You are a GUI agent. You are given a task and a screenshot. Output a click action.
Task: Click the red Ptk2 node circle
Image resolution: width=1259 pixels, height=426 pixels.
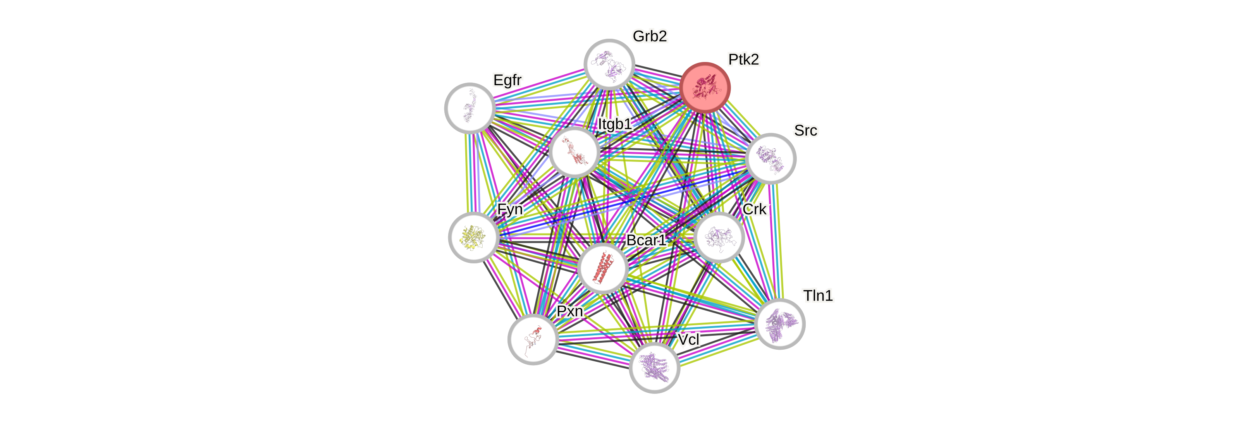coord(705,88)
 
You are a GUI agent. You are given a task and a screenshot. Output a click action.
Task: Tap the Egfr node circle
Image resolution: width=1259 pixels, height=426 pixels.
coord(470,108)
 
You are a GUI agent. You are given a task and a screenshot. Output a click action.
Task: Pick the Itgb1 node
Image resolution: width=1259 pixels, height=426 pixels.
coord(574,152)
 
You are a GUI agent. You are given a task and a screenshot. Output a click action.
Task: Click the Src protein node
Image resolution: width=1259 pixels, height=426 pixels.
coord(771,159)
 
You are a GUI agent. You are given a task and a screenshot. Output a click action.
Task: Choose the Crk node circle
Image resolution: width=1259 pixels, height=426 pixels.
coord(719,237)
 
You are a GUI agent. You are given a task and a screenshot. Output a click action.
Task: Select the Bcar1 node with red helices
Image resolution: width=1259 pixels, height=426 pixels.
coord(603,268)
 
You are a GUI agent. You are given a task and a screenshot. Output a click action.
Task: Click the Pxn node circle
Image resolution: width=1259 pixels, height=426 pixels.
coord(533,339)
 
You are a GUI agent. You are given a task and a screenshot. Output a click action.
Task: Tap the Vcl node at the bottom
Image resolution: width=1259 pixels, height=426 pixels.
coord(654,368)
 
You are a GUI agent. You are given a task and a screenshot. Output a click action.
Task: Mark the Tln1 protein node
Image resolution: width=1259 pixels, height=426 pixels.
coord(779,324)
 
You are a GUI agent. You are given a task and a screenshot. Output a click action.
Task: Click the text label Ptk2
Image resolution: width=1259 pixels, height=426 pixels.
coord(743,60)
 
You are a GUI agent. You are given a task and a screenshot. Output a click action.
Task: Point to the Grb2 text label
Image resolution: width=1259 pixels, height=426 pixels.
coord(650,36)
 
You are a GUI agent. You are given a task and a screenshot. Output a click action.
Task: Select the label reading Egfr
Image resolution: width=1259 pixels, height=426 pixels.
coord(507,80)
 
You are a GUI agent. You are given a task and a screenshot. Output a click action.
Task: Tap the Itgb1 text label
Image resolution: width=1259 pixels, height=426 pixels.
coord(615,124)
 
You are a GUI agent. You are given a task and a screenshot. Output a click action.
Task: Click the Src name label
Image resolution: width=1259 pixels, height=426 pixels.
coord(805,131)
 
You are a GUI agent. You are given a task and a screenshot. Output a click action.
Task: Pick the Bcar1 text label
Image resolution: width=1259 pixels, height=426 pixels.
coord(646,240)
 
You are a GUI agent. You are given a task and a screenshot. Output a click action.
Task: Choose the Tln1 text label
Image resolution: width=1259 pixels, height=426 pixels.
coord(818,295)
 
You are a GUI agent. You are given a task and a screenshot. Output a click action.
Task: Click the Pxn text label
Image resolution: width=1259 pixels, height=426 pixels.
coord(570,311)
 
